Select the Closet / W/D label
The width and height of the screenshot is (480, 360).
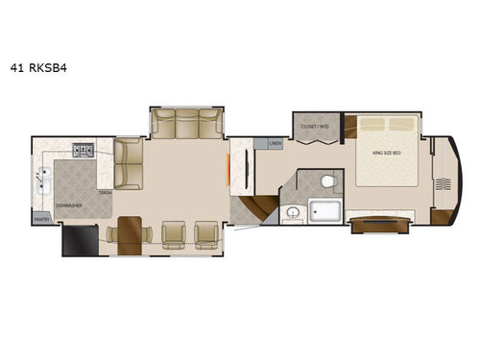315,127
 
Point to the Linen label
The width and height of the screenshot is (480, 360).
275,144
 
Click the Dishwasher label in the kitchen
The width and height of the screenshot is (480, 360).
67,204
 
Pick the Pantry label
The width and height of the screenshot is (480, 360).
41,220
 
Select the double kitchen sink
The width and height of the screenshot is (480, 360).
44,177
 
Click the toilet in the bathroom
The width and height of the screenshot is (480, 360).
327,181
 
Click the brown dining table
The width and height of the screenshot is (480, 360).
130,233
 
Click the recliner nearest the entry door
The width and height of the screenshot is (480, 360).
206,234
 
